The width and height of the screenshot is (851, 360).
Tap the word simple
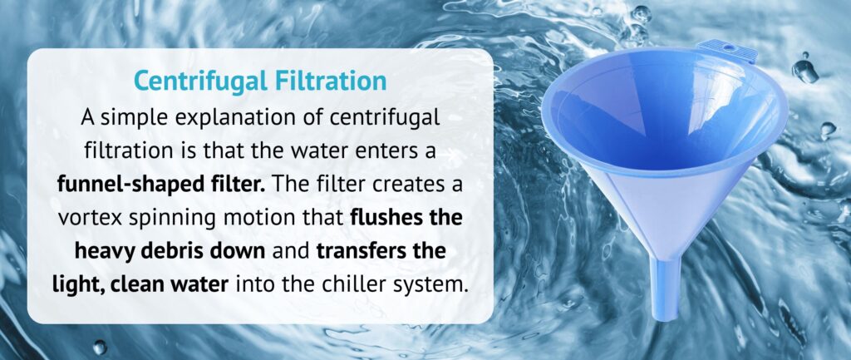[x=131, y=116]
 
